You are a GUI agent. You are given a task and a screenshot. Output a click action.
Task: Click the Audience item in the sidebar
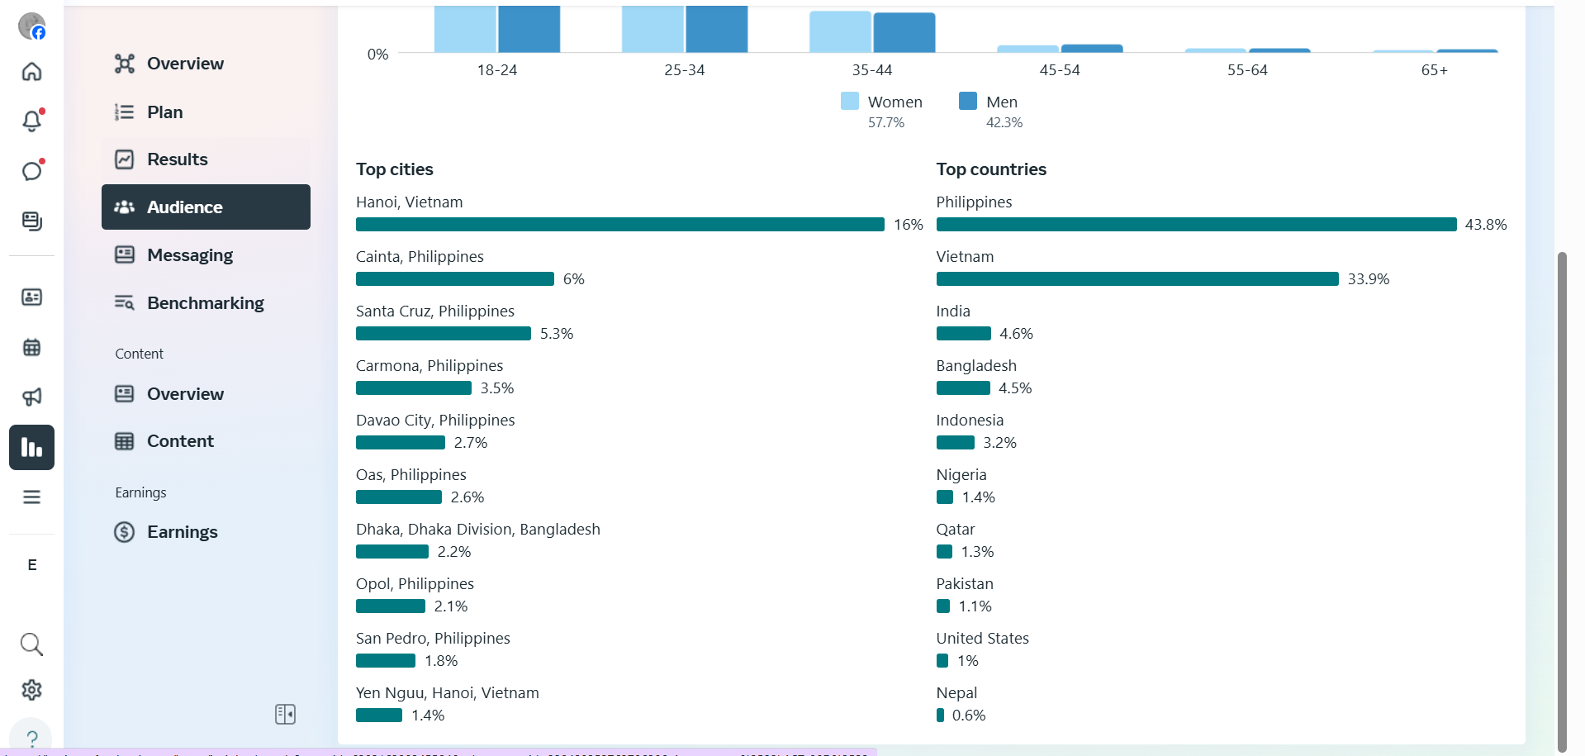[206, 207]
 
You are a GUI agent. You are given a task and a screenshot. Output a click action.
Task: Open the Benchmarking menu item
[205, 303]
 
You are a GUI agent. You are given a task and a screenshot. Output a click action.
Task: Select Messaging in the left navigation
[189, 255]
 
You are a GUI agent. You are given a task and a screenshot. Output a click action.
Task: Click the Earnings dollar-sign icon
[125, 532]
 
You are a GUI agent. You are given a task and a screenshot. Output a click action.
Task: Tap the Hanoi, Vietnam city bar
[619, 225]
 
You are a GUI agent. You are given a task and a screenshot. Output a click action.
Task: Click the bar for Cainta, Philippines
[454, 279]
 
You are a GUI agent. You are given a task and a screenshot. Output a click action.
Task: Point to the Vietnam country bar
[1137, 279]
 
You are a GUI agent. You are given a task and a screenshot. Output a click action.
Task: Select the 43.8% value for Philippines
[1485, 225]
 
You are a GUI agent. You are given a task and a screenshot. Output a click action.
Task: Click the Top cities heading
[395, 169]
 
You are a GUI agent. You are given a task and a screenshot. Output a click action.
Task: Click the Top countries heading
[991, 169]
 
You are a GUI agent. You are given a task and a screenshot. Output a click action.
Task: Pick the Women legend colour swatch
[849, 101]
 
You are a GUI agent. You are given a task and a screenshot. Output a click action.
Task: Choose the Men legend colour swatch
[967, 101]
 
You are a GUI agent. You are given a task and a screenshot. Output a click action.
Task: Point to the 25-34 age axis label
[684, 70]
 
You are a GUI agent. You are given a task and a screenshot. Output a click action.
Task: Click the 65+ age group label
[1434, 70]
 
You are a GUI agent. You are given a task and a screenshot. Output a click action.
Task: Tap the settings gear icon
[31, 690]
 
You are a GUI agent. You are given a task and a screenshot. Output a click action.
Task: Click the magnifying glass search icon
[31, 644]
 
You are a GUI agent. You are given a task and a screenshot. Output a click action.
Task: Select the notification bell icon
[31, 121]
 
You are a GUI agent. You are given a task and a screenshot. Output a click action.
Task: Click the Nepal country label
[956, 693]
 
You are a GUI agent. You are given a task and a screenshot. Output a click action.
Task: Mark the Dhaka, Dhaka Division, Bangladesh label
[477, 530]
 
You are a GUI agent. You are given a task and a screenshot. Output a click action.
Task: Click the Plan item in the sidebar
[164, 112]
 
